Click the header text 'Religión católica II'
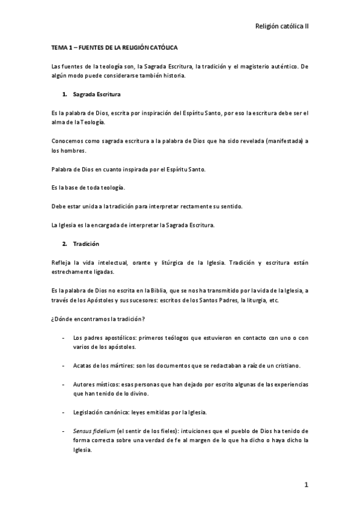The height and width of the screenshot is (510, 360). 282,26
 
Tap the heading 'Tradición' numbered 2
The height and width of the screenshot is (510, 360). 86,245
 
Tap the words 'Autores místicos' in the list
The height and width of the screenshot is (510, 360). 94,384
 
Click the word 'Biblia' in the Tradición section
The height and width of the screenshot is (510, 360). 172,290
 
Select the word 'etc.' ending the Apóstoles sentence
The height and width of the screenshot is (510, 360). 273,300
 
